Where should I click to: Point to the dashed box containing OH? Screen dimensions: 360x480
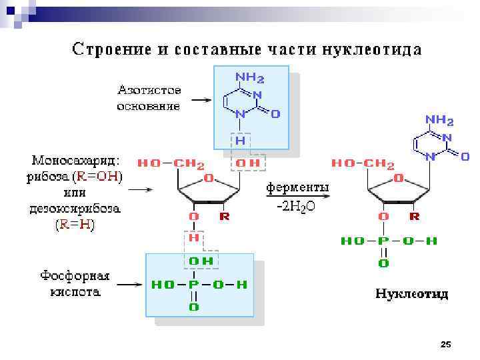pyautogui.click(x=248, y=163)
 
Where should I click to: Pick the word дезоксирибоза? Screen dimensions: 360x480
pyautogui.click(x=75, y=209)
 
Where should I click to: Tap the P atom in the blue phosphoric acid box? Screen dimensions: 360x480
pyautogui.click(x=193, y=285)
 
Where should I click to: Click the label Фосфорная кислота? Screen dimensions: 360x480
pyautogui.click(x=75, y=284)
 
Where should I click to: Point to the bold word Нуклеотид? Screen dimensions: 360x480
pyautogui.click(x=411, y=293)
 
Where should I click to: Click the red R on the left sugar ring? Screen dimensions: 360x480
pyautogui.click(x=225, y=217)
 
